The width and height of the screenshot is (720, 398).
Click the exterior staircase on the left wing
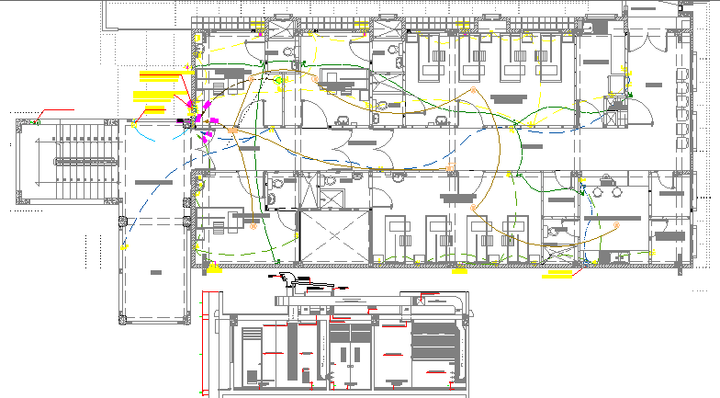[70, 162]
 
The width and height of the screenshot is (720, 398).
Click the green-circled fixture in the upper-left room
[280, 80]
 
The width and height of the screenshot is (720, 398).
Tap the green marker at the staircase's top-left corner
[38, 120]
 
